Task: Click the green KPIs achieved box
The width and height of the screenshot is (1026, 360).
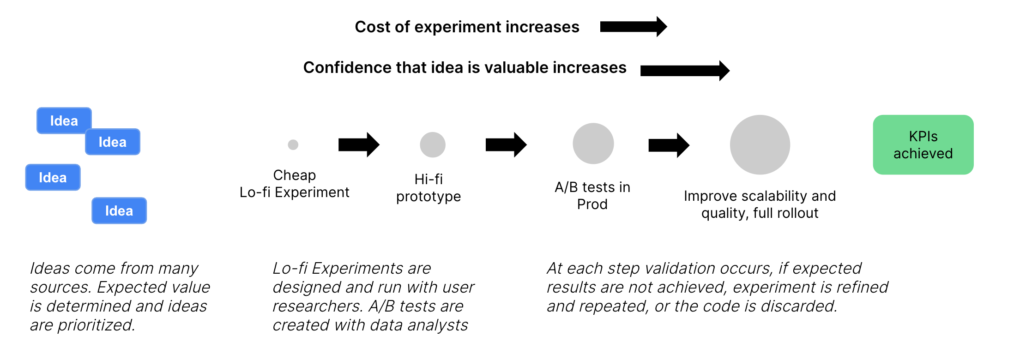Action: pyautogui.click(x=923, y=144)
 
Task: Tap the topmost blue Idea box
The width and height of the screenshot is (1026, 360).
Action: pyautogui.click(x=64, y=120)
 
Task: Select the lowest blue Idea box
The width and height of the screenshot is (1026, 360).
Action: pyautogui.click(x=119, y=210)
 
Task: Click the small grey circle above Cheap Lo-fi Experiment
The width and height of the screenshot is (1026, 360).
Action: pyautogui.click(x=293, y=144)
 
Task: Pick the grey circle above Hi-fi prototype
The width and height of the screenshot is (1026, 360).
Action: pyautogui.click(x=433, y=144)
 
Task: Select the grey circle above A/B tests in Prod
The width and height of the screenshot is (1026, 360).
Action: pyautogui.click(x=593, y=144)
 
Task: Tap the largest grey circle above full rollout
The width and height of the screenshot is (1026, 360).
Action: pyautogui.click(x=760, y=144)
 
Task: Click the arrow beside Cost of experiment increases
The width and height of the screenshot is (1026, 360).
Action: pyautogui.click(x=634, y=27)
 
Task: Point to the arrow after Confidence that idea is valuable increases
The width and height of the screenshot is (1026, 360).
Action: pyautogui.click(x=685, y=70)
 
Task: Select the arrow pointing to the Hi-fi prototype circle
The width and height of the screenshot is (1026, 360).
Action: pyautogui.click(x=359, y=144)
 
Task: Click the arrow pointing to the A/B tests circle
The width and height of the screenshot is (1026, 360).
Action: pyautogui.click(x=506, y=144)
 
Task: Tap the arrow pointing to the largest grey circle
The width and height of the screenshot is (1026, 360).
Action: pyautogui.click(x=669, y=145)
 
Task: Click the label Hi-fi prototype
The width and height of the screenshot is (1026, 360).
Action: pyautogui.click(x=429, y=187)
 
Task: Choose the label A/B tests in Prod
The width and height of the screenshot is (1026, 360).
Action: pyautogui.click(x=592, y=196)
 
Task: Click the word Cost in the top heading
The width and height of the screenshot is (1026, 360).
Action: pyautogui.click(x=373, y=27)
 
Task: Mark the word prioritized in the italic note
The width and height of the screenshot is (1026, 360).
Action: pyautogui.click(x=96, y=325)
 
